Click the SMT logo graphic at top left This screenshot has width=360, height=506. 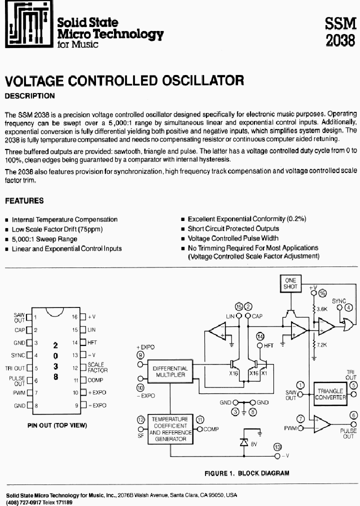(x=27, y=25)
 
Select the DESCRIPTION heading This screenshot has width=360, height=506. (x=29, y=95)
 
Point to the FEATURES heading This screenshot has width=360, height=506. (x=24, y=200)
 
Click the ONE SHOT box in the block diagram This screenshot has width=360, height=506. (x=290, y=283)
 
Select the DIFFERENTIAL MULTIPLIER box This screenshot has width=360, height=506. (x=171, y=371)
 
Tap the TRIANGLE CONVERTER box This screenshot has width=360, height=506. (x=330, y=394)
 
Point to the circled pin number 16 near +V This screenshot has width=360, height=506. (x=321, y=293)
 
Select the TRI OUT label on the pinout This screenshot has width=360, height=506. (x=16, y=368)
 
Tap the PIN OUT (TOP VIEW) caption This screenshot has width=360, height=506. (x=57, y=425)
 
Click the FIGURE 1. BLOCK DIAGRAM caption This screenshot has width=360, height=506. (x=246, y=472)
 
